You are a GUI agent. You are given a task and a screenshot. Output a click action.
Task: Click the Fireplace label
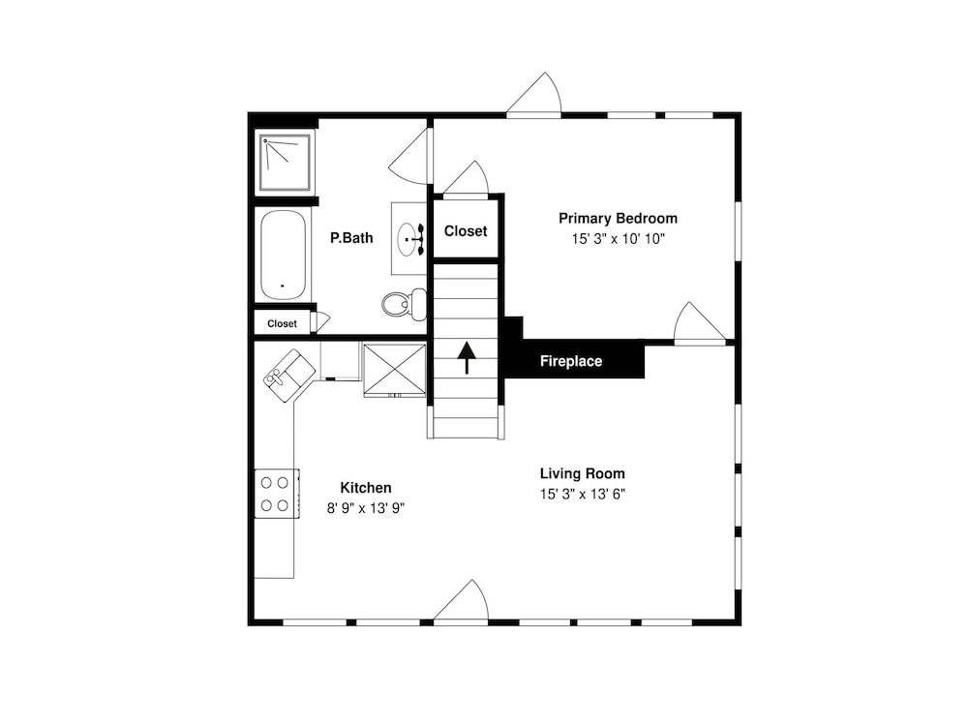coord(571,361)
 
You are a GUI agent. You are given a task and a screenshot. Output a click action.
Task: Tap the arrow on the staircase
coord(467,357)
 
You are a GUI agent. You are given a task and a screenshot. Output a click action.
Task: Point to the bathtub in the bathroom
coord(283,255)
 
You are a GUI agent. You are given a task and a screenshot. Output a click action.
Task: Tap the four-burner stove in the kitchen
coord(277,494)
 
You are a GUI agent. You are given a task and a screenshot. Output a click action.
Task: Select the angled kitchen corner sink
coord(289,376)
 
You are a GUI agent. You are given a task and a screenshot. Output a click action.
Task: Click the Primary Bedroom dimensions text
coord(618,239)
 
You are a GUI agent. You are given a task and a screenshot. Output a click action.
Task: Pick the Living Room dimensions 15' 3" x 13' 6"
coord(582,494)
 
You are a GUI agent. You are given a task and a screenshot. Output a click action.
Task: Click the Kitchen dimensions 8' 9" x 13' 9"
coord(366,508)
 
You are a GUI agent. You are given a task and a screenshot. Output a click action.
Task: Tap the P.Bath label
coord(351,238)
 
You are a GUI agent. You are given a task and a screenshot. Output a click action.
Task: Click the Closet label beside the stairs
coord(466,231)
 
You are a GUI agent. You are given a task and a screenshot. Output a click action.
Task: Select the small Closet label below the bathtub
coord(282,323)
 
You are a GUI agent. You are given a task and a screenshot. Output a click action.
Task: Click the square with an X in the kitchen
coord(395,369)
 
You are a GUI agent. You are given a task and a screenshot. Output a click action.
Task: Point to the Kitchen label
coord(366,488)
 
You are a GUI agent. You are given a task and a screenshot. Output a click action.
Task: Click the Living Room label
coord(582,473)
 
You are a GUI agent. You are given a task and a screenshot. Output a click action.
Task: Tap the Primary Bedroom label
coord(618,218)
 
